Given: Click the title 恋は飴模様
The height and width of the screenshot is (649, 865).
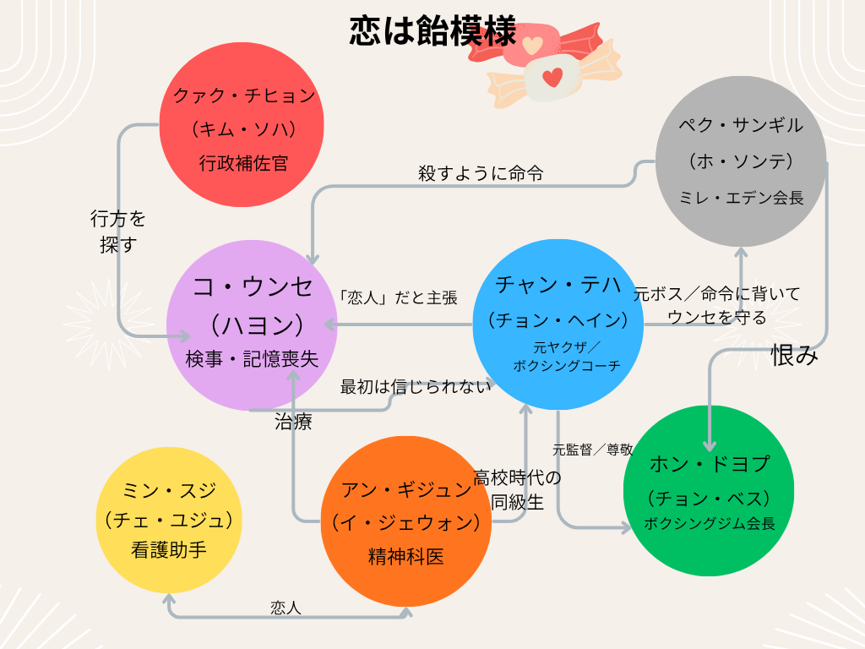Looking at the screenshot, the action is [432, 30].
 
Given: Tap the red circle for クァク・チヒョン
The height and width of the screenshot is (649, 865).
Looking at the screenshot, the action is [242, 125].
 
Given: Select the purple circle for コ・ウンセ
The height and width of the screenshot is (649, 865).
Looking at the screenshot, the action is [252, 325].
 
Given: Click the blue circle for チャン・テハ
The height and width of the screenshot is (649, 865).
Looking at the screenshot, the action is [558, 324].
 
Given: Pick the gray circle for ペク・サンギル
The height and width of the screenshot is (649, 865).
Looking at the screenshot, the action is [741, 161].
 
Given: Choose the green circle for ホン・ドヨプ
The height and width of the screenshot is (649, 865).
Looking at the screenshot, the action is [709, 491].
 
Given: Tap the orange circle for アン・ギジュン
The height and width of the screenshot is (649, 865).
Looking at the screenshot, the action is [406, 521].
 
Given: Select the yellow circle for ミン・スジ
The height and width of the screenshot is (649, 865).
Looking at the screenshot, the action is [169, 520].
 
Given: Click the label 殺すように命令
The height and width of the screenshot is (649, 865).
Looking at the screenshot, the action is [481, 173].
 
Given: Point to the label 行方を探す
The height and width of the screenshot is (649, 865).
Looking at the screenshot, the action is [118, 232].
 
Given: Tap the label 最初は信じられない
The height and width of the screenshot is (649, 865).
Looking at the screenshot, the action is [416, 387].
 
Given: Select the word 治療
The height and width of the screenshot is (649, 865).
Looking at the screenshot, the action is [293, 423].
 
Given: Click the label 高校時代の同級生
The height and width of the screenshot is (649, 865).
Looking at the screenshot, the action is [518, 490].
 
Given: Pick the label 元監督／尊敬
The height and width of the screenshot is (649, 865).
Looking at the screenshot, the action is [592, 450].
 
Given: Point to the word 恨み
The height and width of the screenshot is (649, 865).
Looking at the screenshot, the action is [794, 355].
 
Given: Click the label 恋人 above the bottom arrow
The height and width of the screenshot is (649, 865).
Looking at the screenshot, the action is [286, 608].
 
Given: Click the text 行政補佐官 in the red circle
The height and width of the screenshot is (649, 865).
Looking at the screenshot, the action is [243, 163].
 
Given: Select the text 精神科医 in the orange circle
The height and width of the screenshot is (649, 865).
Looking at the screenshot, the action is [406, 557].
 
